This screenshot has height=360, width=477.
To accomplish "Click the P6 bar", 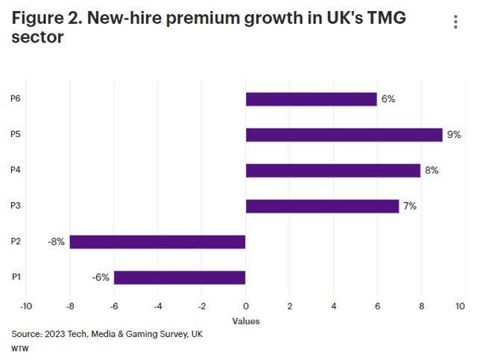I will point(311,99).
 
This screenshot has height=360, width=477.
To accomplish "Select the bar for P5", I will point(344,135).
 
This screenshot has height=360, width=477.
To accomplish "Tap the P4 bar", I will point(333,171).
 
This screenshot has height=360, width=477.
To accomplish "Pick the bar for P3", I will point(322,206).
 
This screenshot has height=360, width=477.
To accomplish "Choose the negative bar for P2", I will point(158,241).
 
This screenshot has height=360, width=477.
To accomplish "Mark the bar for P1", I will point(180,277).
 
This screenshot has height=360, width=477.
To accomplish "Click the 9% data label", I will point(454,135).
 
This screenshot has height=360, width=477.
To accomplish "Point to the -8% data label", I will point(55,241).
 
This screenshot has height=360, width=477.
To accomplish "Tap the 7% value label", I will point(409,206).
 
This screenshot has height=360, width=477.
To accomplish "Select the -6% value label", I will point(100,277).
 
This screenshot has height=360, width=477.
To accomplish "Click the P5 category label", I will point(16,135).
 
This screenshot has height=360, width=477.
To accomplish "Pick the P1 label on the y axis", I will point(16,277).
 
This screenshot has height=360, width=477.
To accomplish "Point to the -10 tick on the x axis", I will point(26,306).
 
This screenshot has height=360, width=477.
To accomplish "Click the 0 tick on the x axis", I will point(246,306).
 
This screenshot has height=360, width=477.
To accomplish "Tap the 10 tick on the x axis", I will point(461,306).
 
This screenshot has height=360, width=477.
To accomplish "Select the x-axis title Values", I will point(246,321).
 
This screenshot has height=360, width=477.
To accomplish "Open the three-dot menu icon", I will point(455,22).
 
